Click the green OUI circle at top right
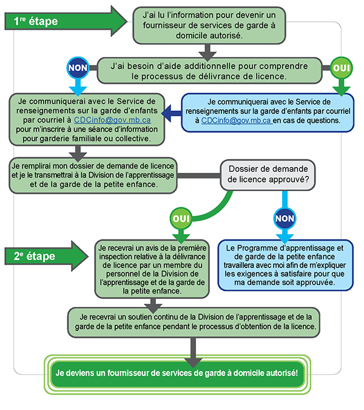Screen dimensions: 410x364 (342, 67)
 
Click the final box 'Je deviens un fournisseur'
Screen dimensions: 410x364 (175, 371)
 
